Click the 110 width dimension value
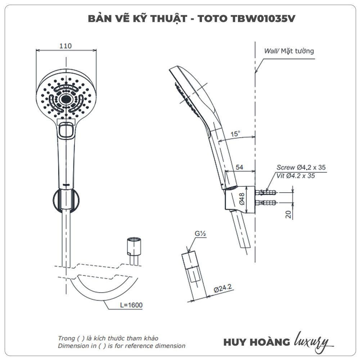click(66, 46)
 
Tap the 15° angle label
click(235, 134)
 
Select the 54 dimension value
click(239, 167)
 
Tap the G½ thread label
click(201, 234)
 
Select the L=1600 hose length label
click(131, 305)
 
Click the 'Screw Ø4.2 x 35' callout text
click(301, 167)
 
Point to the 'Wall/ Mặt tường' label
click(289, 51)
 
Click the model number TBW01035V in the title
click(262, 19)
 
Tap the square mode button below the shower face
click(66, 130)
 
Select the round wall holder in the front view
click(66, 200)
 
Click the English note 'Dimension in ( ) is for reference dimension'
click(122, 346)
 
